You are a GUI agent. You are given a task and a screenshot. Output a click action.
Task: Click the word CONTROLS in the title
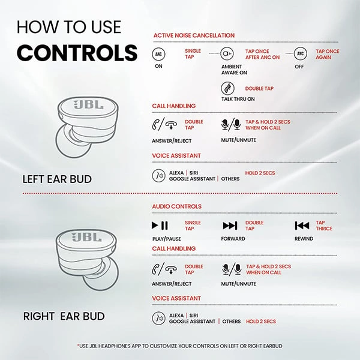[x=77, y=53]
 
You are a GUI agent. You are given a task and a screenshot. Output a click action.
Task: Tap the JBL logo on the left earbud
[x=88, y=105]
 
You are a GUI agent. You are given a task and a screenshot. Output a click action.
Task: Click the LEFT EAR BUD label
[x=62, y=179]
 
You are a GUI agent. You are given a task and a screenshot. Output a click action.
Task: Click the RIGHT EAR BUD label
[x=64, y=316]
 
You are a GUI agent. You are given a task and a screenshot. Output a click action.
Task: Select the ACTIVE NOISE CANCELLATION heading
[x=194, y=35]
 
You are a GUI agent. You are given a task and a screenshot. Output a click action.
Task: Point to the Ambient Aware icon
[x=227, y=54]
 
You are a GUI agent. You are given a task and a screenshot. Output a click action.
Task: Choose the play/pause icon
[x=159, y=226]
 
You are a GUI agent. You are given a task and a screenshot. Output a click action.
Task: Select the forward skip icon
[x=230, y=226]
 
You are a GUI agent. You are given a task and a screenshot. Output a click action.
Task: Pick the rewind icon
[x=302, y=226]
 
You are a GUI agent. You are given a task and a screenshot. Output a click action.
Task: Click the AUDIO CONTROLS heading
[x=177, y=206]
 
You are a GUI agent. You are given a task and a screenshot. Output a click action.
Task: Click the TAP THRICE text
[x=323, y=226]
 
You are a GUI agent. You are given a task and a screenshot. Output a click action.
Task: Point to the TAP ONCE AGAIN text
[x=327, y=55]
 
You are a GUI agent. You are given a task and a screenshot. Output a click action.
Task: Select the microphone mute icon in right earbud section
[x=232, y=269]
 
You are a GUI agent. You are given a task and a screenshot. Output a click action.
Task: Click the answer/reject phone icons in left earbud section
[x=165, y=125]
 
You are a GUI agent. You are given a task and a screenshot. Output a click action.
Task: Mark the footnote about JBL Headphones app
[x=179, y=346]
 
